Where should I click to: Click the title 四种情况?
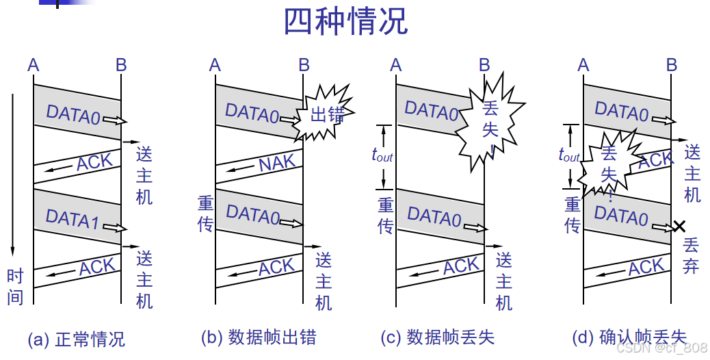tap(345, 22)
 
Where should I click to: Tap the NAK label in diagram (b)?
tap(278, 163)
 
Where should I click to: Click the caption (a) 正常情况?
tap(76, 339)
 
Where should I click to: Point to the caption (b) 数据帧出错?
tap(259, 337)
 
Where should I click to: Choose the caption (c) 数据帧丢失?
tap(437, 337)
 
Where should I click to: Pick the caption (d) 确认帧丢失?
tap(629, 337)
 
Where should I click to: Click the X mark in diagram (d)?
tap(678, 226)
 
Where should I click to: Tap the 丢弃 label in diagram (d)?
tap(691, 255)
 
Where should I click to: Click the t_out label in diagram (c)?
tap(382, 155)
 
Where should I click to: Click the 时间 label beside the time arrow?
tap(15, 286)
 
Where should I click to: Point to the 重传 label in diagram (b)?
tap(206, 214)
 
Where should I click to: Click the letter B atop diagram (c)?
tap(484, 65)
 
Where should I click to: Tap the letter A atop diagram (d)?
tap(583, 65)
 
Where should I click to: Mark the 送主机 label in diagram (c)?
tap(504, 281)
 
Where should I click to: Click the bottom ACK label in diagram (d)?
tap(646, 268)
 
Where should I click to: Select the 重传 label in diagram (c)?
tap(386, 215)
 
